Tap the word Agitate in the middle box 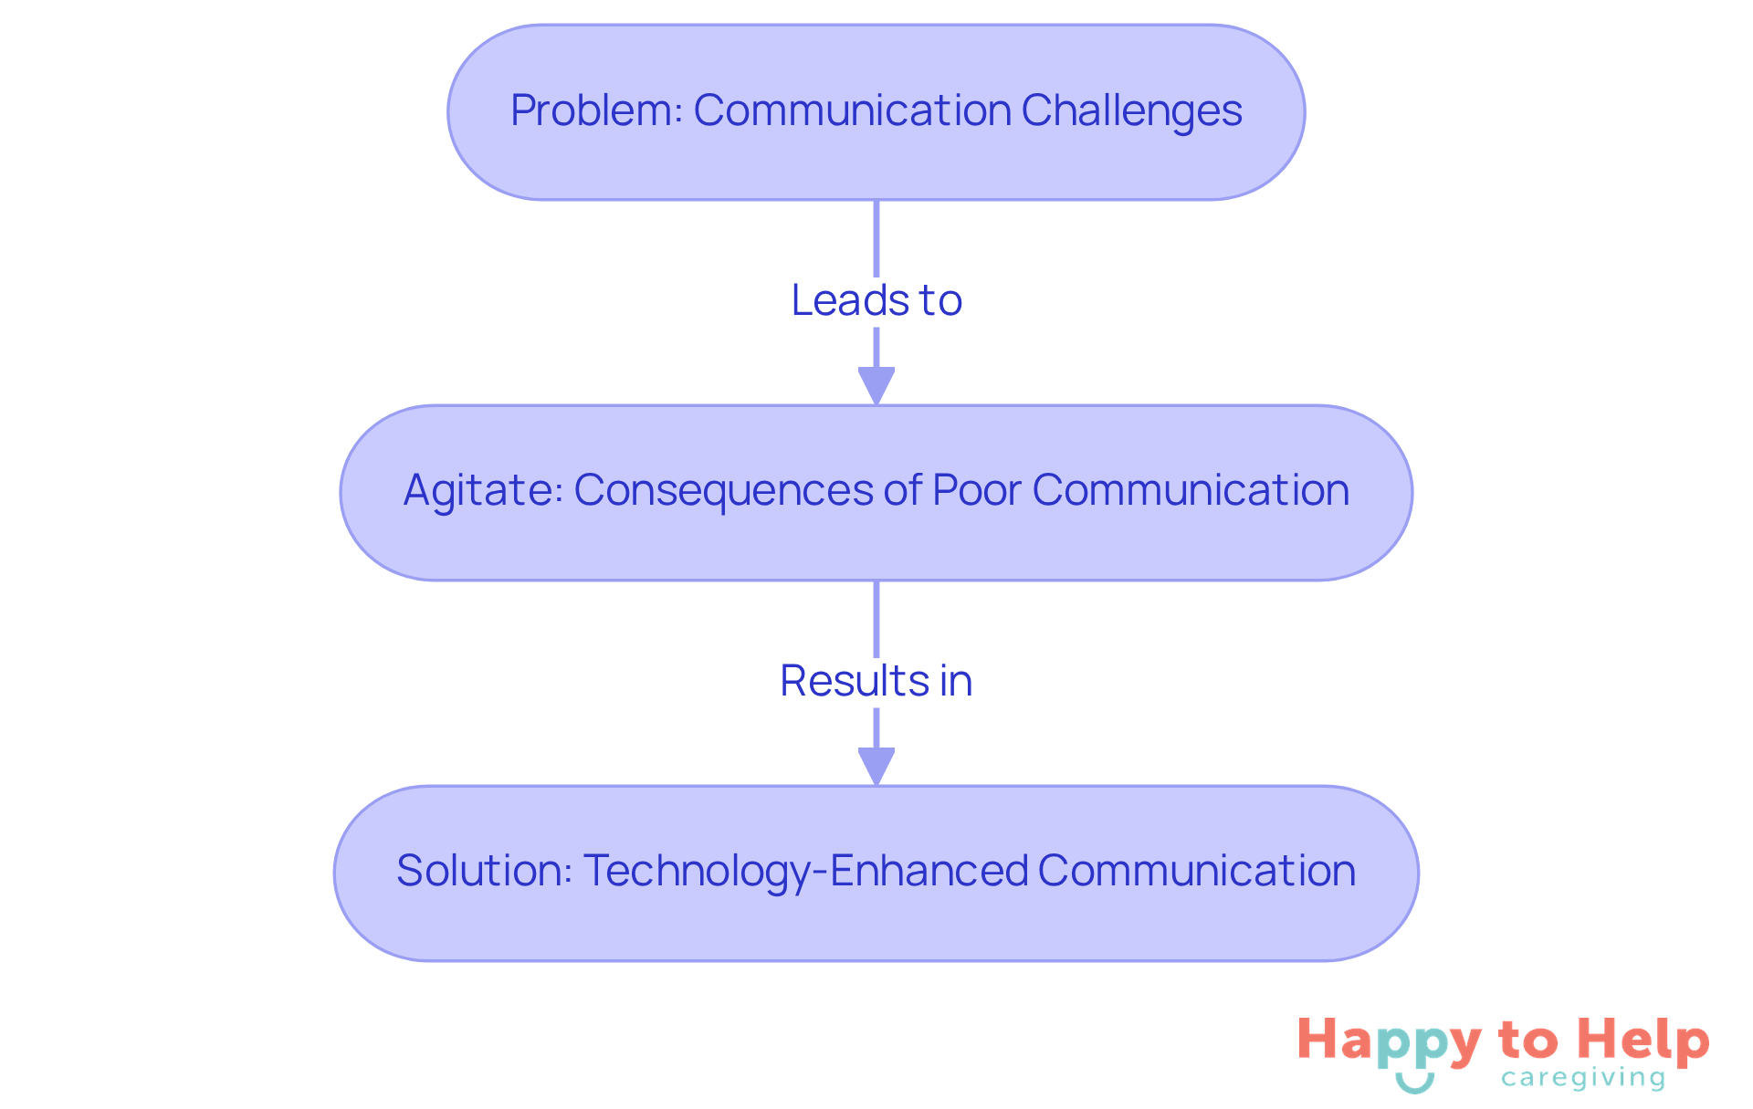tap(478, 491)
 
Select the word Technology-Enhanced tap(804, 871)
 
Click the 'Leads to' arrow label tap(876, 300)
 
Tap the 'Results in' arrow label tap(876, 681)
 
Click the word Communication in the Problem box tap(852, 111)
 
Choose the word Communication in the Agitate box tap(1191, 491)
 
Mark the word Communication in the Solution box tap(1196, 871)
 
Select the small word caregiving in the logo tap(1583, 1079)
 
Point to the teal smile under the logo tap(1414, 1083)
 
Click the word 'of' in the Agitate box tap(902, 491)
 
